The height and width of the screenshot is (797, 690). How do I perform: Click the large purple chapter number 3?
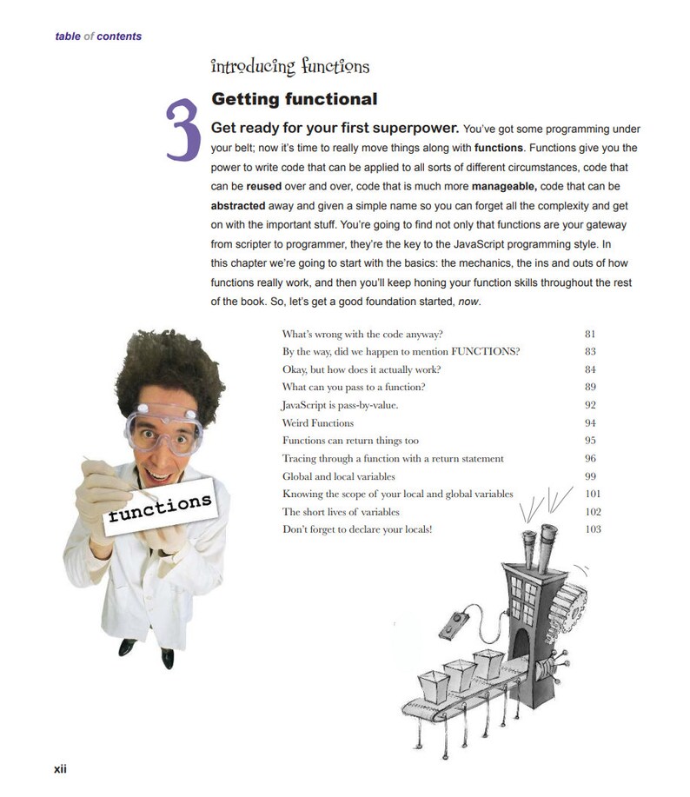pyautogui.click(x=183, y=131)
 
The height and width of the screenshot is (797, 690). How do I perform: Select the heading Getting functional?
pyautogui.click(x=294, y=99)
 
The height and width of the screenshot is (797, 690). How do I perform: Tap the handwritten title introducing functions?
pyautogui.click(x=290, y=66)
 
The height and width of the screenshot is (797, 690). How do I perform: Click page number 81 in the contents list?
pyautogui.click(x=591, y=333)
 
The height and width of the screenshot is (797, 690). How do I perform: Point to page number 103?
pyautogui.click(x=593, y=529)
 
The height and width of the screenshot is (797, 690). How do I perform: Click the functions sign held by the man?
pyautogui.click(x=158, y=508)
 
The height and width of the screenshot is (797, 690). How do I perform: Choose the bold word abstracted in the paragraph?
pyautogui.click(x=238, y=207)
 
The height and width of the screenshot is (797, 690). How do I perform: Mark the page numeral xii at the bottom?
pyautogui.click(x=61, y=769)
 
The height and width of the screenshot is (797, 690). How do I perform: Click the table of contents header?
pyautogui.click(x=98, y=37)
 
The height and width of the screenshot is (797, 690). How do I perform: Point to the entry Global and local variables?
pyautogui.click(x=338, y=476)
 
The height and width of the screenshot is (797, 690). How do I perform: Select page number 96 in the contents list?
pyautogui.click(x=591, y=458)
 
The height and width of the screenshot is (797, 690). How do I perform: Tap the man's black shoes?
pyautogui.click(x=144, y=649)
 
